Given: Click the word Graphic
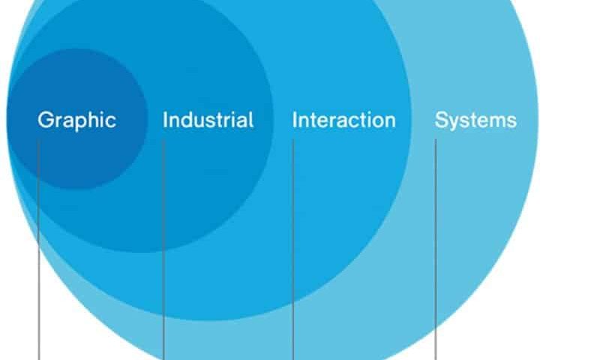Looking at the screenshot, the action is pos(77,121).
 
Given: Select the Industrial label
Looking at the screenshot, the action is pos(208,120).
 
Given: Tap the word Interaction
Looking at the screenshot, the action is pos(343,120).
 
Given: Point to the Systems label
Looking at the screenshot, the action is pos(475,121).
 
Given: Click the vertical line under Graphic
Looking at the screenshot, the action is pos(39,250).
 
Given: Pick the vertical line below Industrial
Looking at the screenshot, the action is pos(163,250).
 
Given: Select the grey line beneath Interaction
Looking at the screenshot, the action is pos(293,250).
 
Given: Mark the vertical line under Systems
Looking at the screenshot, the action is pos(436,250).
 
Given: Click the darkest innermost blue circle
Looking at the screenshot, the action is pos(77,118).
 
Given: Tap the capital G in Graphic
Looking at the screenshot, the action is pos(46,120).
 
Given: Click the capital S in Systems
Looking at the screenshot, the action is pos(442,120).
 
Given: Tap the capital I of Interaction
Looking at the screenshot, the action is pos(294,120).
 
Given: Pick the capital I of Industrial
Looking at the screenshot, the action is pos(165,120).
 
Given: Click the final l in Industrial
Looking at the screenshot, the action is pos(251,120).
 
